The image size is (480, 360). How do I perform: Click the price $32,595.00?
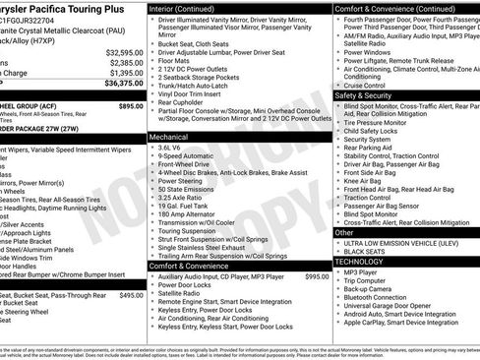(123, 51)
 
